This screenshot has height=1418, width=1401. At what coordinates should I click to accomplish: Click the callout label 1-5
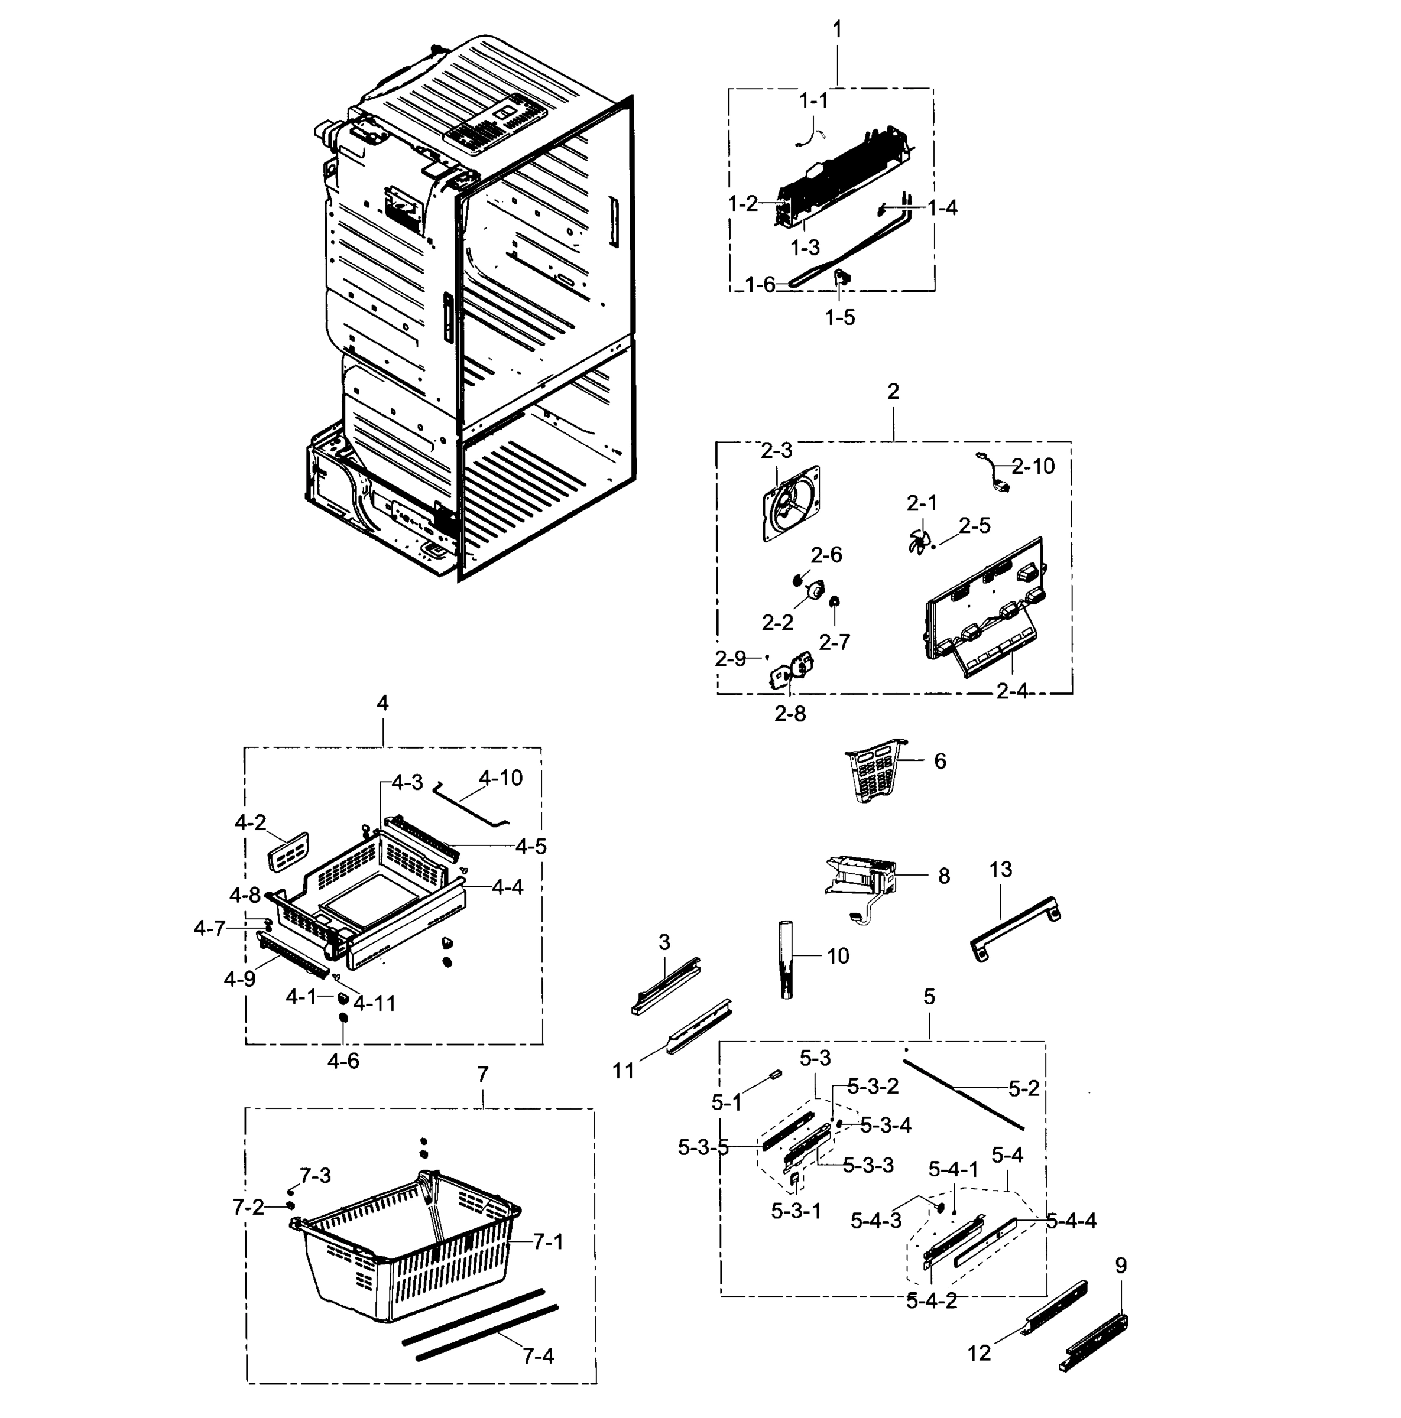pyautogui.click(x=839, y=317)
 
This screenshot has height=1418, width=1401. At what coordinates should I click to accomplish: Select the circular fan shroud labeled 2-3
pyautogui.click(x=792, y=503)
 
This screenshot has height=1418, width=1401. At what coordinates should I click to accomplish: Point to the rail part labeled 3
pyautogui.click(x=666, y=984)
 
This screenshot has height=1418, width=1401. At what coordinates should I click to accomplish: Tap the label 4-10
pyautogui.click(x=500, y=778)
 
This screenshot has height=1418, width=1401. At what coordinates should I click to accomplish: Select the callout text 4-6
pyautogui.click(x=343, y=1061)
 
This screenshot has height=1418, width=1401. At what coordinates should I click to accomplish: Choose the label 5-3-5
pyautogui.click(x=703, y=1147)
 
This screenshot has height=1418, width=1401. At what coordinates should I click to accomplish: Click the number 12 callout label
pyautogui.click(x=979, y=1352)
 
